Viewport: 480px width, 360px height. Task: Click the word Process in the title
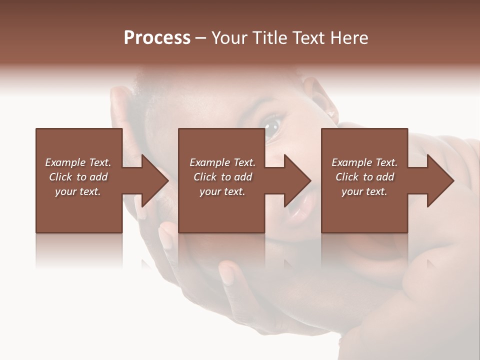pyautogui.click(x=157, y=38)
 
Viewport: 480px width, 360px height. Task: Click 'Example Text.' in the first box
pyautogui.click(x=78, y=162)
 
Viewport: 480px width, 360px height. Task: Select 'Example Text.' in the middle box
pyautogui.click(x=222, y=162)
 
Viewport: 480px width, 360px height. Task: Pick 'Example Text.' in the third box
pyautogui.click(x=364, y=162)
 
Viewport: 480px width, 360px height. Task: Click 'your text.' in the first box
pyautogui.click(x=78, y=191)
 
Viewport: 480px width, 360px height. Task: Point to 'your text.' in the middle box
pyautogui.click(x=222, y=191)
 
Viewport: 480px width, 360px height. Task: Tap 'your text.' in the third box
pyautogui.click(x=364, y=191)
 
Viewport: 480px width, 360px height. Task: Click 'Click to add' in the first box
pyautogui.click(x=78, y=177)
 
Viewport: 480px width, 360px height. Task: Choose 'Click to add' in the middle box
pyautogui.click(x=222, y=177)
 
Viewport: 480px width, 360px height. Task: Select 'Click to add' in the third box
pyautogui.click(x=364, y=177)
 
